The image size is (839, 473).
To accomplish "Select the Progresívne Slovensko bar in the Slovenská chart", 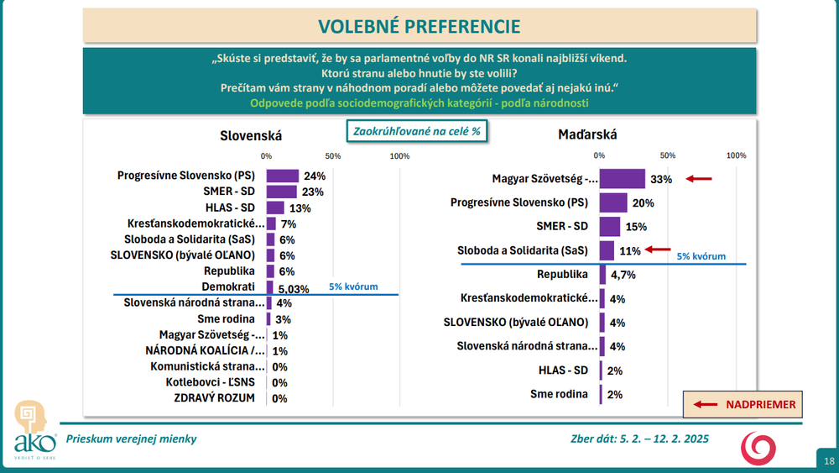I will point(283,176).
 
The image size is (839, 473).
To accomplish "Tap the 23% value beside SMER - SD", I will point(313,192).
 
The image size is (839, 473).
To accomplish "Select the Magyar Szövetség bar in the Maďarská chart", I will point(622,179).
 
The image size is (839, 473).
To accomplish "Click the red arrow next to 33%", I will point(698,179).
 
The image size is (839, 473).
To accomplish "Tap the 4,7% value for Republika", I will point(622,274).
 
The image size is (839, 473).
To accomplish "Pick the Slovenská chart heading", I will point(251,135).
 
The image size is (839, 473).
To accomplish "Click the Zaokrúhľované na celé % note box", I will point(418,132).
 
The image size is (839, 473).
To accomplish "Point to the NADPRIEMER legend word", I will point(760,404).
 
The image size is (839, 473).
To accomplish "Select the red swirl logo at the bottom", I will point(758,446).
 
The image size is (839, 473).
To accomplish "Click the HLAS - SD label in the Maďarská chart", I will point(565,370).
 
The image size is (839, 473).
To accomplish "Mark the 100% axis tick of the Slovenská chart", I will point(400,156).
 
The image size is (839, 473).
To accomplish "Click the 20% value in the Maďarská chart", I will point(642,203).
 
